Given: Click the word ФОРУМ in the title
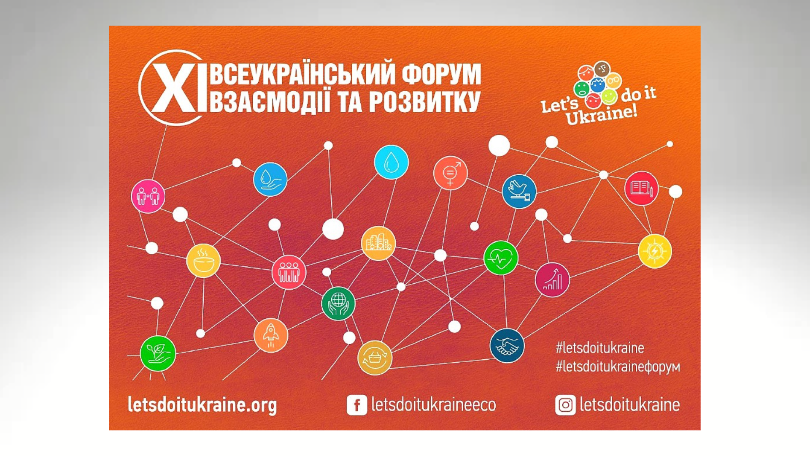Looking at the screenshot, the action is coord(441,74).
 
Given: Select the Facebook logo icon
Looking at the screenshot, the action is coord(357,405).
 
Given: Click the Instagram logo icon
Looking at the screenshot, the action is coord(565,405).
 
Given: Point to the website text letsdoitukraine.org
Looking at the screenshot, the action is coord(202,405).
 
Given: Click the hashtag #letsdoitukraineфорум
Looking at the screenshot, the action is coord(618,366).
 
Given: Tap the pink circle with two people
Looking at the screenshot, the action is coord(148,196).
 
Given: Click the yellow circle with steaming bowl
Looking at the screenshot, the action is coord(203,261).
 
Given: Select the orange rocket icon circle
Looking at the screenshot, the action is coord(271,335).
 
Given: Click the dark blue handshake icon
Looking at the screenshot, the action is coord(507,345).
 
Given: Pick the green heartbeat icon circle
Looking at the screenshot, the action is coord(501,258).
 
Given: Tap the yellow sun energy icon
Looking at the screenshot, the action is coord(655,251).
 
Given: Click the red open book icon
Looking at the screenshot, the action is coord(641,188).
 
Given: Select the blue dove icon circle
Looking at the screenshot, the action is coord(519,191).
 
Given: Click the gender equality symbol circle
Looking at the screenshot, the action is coord(451,173).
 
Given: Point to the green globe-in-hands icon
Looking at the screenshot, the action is coord(338,304).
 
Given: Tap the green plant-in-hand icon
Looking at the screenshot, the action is coord(158,353).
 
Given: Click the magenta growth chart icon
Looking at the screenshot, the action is coord(552,280).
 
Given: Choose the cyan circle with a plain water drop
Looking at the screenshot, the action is coord(391,162).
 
